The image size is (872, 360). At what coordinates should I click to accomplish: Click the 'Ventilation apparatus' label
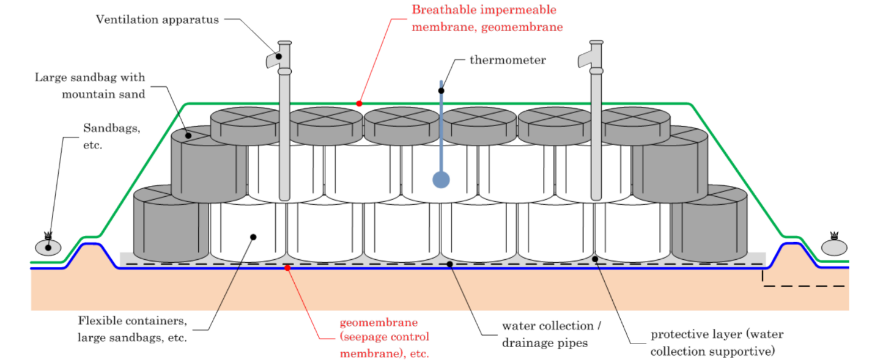pyautogui.click(x=157, y=20)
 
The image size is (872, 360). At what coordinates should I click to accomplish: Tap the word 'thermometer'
pyautogui.click(x=508, y=60)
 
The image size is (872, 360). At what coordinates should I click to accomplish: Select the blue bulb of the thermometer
pyautogui.click(x=441, y=179)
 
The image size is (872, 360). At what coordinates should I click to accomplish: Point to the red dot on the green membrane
pyautogui.click(x=359, y=103)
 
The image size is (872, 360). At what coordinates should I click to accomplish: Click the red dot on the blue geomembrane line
pyautogui.click(x=287, y=268)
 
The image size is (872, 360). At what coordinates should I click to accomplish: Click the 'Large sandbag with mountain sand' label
pyautogui.click(x=90, y=86)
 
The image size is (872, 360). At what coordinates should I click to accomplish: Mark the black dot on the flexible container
pyautogui.click(x=253, y=237)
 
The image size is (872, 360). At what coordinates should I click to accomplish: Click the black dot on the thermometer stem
pyautogui.click(x=441, y=90)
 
